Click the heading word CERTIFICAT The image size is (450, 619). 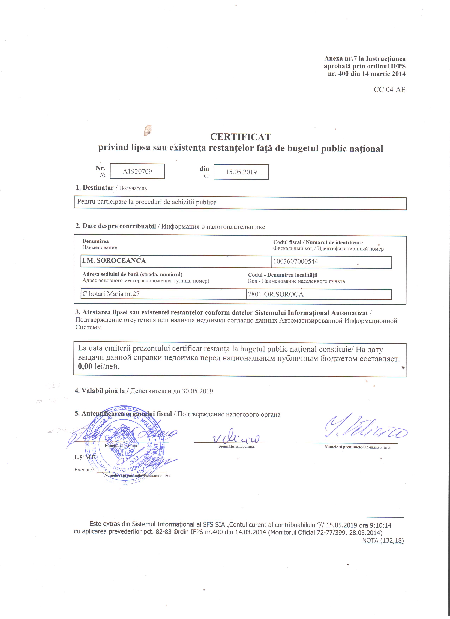click(240, 137)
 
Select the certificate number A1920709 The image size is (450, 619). click(137, 171)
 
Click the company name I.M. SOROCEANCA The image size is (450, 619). click(114, 261)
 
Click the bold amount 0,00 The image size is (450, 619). click(85, 366)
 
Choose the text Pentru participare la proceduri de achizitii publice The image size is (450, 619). click(147, 202)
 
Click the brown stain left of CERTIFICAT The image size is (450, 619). click(148, 130)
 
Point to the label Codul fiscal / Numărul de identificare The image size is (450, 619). click(318, 242)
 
